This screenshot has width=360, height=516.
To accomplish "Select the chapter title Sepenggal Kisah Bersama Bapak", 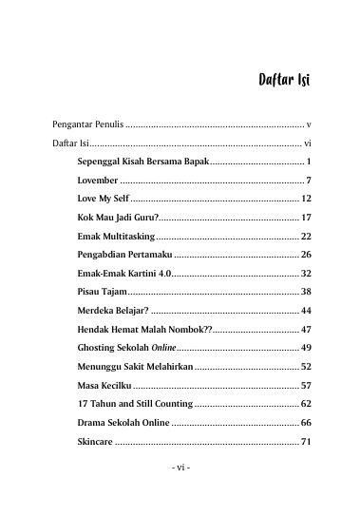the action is (x=142, y=162).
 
